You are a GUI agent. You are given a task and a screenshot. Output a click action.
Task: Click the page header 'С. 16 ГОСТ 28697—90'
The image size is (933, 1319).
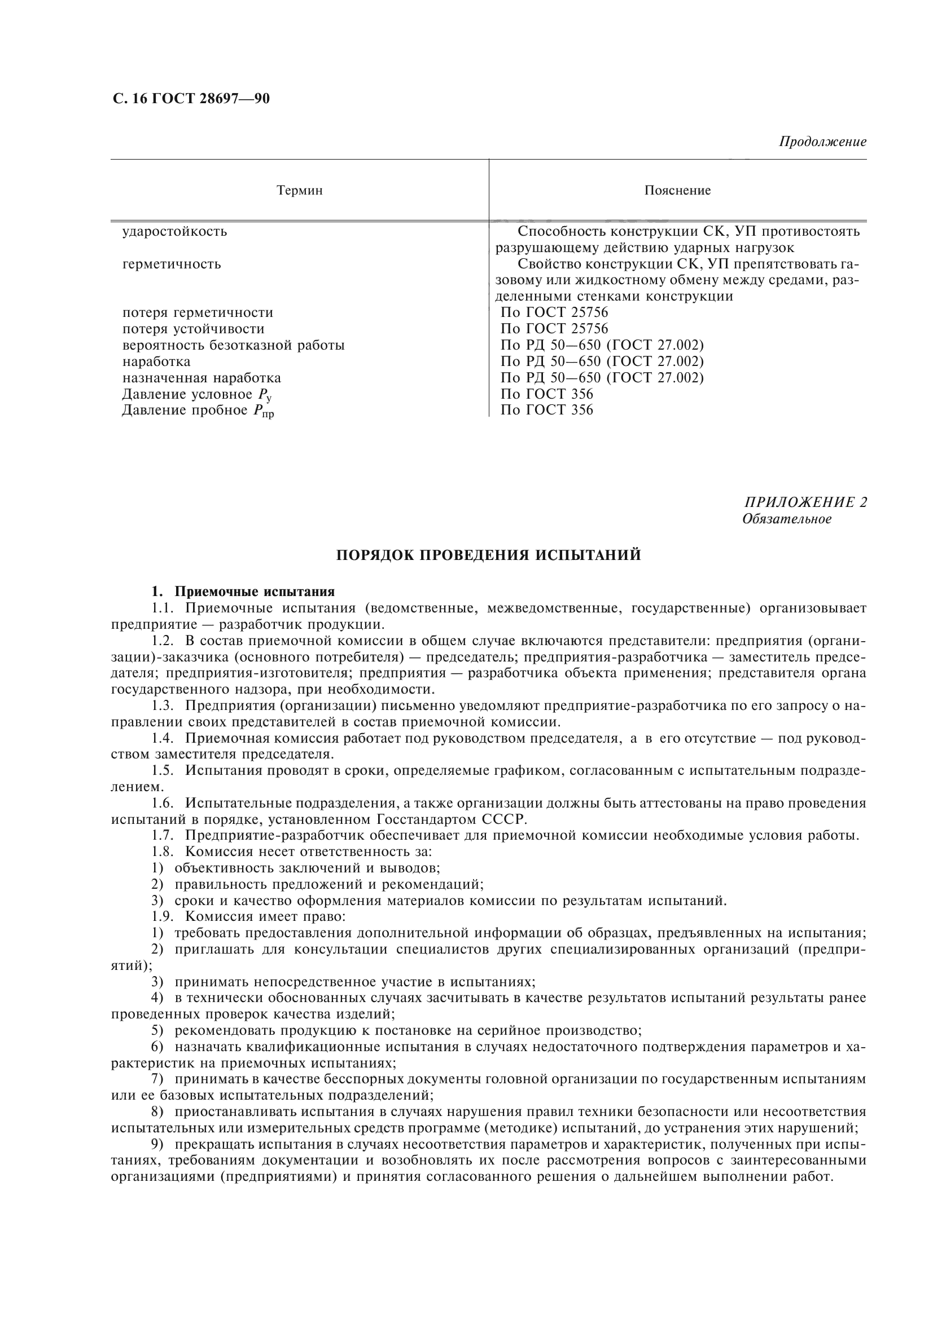tap(190, 99)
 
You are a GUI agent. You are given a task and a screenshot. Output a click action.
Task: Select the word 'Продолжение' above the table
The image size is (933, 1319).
tap(822, 142)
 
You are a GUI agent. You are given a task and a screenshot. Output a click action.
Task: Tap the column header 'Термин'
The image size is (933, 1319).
tap(300, 190)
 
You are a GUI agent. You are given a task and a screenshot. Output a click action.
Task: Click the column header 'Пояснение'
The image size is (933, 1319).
tap(677, 190)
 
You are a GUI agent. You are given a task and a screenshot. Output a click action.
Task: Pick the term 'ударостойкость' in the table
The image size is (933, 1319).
tap(175, 232)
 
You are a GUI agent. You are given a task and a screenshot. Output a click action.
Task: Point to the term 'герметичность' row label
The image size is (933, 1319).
tap(172, 264)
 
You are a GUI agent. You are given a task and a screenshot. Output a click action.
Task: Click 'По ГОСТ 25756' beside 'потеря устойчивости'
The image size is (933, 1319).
tap(554, 329)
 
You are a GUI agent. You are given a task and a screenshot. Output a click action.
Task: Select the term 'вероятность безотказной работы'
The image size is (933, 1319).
tap(234, 345)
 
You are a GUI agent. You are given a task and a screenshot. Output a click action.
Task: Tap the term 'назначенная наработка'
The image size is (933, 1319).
tap(202, 377)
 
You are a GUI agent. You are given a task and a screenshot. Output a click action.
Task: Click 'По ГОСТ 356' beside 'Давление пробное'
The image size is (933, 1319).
tap(547, 409)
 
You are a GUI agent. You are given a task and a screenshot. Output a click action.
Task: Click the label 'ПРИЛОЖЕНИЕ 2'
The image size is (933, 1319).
tap(805, 502)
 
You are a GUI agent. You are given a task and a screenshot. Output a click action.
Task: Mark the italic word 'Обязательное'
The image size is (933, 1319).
tap(786, 519)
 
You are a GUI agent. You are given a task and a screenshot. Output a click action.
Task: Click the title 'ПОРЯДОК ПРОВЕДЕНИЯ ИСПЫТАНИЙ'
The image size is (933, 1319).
tap(488, 555)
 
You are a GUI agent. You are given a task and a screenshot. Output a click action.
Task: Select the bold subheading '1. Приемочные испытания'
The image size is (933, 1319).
tap(243, 591)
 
